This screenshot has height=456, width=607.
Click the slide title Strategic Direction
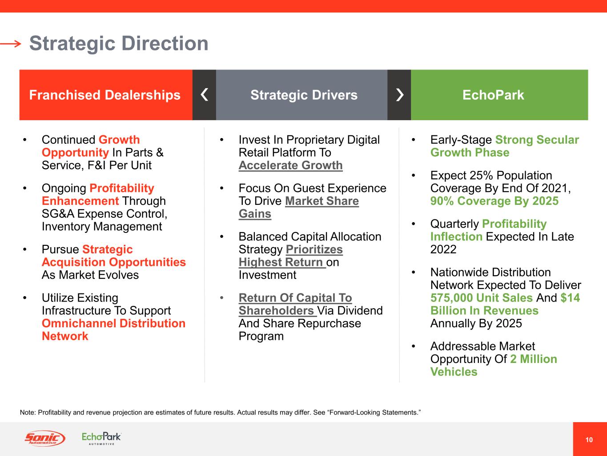click(x=119, y=44)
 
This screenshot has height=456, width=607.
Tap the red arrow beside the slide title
click(x=11, y=44)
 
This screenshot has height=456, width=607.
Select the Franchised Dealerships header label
click(x=105, y=95)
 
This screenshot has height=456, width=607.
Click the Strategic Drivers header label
click(x=304, y=95)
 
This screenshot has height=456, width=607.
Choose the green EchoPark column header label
click(x=493, y=95)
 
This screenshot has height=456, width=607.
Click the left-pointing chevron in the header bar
click(x=204, y=95)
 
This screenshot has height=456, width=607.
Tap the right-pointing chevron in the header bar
click(x=400, y=95)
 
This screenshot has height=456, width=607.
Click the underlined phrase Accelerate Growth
click(x=291, y=166)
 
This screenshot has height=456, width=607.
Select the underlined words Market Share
click(x=322, y=201)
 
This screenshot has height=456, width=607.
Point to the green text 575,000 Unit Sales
click(x=482, y=298)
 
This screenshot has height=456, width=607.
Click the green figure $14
click(x=570, y=298)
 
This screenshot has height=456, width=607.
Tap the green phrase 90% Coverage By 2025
click(x=494, y=201)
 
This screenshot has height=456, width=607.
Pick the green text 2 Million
click(x=534, y=359)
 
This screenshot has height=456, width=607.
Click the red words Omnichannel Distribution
click(x=114, y=323)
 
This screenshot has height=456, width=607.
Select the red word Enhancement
click(x=80, y=201)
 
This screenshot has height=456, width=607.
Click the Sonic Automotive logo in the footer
click(x=45, y=438)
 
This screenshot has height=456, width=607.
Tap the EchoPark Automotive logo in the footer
click(x=101, y=438)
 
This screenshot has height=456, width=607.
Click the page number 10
click(x=589, y=440)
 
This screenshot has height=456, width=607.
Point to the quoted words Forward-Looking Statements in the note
click(x=374, y=412)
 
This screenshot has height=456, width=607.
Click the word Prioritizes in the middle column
click(x=314, y=249)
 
